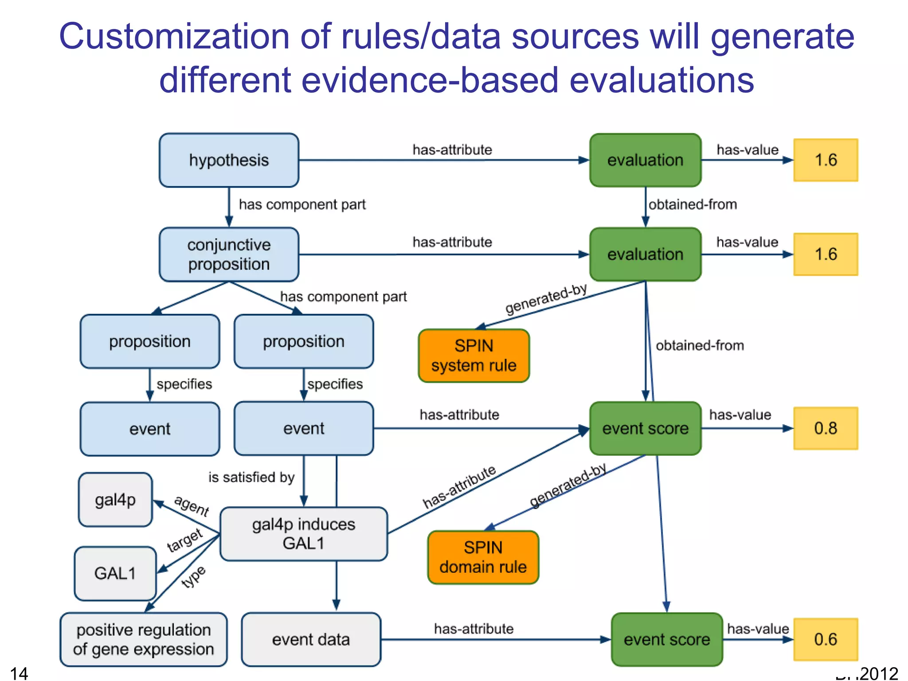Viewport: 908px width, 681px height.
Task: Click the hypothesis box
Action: (x=229, y=160)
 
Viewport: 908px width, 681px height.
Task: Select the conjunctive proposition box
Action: (x=229, y=254)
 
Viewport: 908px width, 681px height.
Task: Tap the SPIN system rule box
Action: (x=474, y=356)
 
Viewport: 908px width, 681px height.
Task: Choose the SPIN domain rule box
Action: (x=483, y=557)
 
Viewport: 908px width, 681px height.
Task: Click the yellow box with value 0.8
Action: (x=826, y=428)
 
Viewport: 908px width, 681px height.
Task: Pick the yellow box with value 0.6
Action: (x=826, y=639)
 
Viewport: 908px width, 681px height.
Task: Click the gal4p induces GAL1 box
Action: (x=304, y=534)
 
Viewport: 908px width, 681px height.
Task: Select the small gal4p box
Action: (x=115, y=500)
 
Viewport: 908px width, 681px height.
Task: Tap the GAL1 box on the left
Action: (x=115, y=573)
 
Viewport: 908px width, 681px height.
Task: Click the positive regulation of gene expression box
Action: (x=144, y=639)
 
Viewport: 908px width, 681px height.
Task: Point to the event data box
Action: (x=311, y=639)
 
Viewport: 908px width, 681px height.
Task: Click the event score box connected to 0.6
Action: (x=667, y=639)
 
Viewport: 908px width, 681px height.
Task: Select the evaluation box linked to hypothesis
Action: (x=645, y=160)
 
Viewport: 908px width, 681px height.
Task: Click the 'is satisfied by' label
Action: (x=251, y=477)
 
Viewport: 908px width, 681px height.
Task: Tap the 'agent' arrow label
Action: (x=192, y=506)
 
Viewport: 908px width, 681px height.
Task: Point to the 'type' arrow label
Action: (x=194, y=577)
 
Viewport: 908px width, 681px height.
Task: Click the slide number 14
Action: (x=19, y=673)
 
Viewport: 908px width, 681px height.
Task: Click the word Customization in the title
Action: (x=174, y=36)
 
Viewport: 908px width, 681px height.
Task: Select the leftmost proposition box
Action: (x=150, y=341)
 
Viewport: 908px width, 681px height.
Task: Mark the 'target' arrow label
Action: (x=184, y=540)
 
